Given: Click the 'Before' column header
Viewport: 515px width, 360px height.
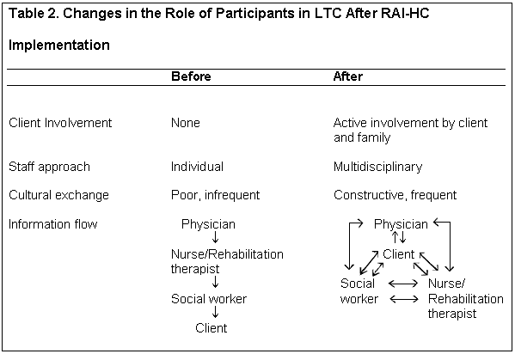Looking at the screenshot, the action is point(191,76).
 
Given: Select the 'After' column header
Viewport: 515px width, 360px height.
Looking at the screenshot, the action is point(348,76).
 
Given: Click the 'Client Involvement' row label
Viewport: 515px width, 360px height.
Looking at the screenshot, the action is point(60,123).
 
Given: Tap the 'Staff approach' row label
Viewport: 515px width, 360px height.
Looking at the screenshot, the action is point(49,167).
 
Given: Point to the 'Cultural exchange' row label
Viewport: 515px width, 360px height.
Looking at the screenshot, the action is point(58,195).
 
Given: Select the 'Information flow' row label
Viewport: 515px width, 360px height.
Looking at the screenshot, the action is point(53,224).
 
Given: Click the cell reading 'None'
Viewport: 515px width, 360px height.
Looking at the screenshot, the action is point(186,123).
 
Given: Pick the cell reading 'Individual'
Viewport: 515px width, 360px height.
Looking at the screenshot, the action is point(197,167).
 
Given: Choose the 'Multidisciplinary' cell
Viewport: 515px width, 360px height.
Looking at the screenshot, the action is point(377,167).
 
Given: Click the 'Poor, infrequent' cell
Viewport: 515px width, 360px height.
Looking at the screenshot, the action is point(216,195).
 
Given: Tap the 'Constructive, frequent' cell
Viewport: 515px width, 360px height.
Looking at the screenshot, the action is point(395,195).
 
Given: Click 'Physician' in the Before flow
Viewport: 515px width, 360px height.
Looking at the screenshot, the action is point(208,224).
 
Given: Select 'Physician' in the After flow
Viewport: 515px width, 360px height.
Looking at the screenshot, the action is point(401,224).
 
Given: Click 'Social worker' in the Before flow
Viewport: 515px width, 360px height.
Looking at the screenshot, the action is point(209,299).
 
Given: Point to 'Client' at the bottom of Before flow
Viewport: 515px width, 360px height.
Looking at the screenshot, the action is point(212,328).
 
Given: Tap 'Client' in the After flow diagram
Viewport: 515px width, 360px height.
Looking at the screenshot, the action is point(399,254).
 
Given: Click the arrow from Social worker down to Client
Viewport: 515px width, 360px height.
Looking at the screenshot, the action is point(216,312).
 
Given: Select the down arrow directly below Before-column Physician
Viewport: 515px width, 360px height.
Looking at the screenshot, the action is point(216,237).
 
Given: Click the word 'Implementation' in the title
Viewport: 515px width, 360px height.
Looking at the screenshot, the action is point(59,45).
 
